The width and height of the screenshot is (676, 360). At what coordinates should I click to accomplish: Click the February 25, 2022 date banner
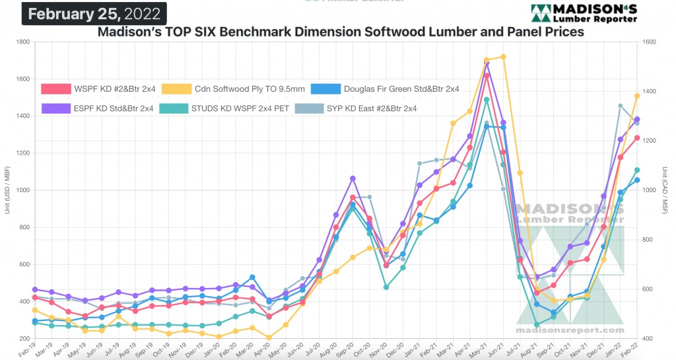(94, 13)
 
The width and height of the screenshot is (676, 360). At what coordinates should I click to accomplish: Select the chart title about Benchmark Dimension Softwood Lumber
(341, 32)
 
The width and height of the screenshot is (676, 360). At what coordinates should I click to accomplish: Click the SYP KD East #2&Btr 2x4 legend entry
(366, 108)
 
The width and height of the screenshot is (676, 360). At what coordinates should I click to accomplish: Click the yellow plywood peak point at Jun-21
(503, 57)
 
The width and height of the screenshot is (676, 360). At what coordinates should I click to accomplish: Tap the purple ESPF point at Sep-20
(353, 178)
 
